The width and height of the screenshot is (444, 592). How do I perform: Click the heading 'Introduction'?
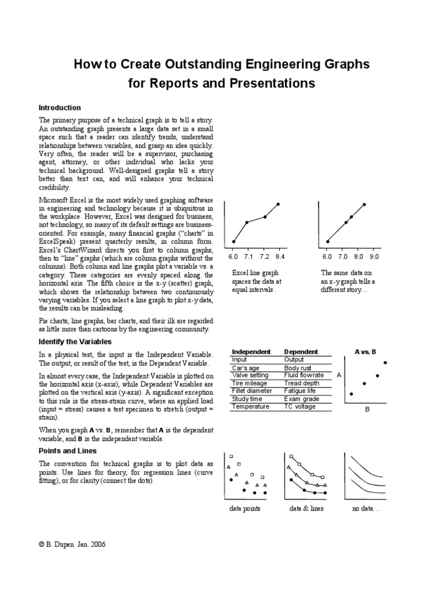[x=60, y=108]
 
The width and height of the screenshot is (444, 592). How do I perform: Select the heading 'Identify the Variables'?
[x=75, y=342]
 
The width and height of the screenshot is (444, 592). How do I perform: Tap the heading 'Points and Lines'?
[x=68, y=450]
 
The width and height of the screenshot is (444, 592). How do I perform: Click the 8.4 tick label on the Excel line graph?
[x=280, y=256]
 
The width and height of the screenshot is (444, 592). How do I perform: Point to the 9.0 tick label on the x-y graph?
[x=375, y=256]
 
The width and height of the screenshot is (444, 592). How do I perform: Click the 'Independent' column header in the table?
[x=251, y=351]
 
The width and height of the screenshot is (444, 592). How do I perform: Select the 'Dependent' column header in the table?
[x=301, y=351]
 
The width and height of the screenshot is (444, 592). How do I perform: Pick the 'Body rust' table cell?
[x=298, y=368]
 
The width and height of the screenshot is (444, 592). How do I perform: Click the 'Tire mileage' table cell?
[x=250, y=383]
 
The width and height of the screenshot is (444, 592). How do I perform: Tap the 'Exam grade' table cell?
[x=301, y=399]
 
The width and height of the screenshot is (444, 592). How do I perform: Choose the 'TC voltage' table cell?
[x=300, y=406]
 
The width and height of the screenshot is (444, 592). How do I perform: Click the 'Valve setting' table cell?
[x=250, y=375]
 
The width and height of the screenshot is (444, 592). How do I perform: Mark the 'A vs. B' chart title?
[x=365, y=351]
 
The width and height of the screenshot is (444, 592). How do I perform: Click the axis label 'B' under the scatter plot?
[x=367, y=409]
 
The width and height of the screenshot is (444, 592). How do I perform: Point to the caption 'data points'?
[x=245, y=508]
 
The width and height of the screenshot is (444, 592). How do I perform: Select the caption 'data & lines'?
[x=306, y=508]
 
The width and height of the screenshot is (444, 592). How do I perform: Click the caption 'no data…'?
[x=365, y=508]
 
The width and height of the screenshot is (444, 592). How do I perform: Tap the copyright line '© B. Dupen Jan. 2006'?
[x=72, y=544]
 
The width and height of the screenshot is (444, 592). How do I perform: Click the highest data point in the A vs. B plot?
[x=385, y=362]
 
